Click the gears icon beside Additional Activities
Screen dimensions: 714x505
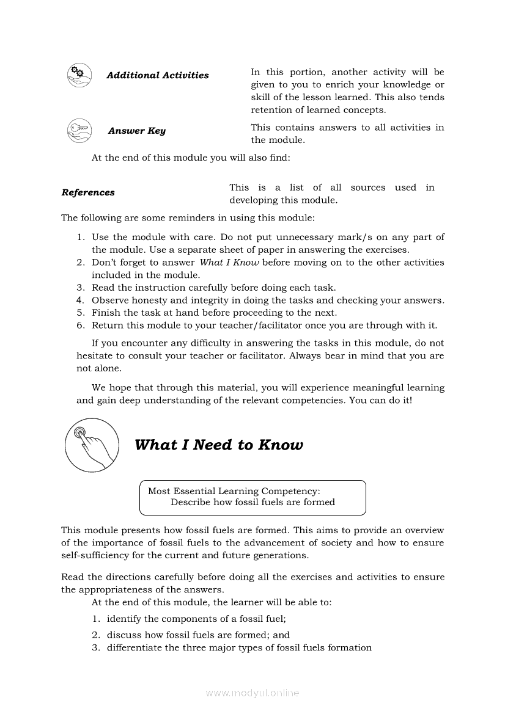(79, 75)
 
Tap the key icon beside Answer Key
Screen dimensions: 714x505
(79, 130)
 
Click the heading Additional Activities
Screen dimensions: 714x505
(157, 75)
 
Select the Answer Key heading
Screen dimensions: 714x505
(136, 131)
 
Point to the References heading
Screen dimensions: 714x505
(88, 192)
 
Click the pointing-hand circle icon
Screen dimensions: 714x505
(91, 445)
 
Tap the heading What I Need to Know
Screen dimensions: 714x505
(218, 445)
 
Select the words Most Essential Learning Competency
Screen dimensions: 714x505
(234, 491)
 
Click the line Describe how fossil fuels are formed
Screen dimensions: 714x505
(253, 502)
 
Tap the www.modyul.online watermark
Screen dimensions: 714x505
(253, 693)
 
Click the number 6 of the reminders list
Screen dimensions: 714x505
(79, 325)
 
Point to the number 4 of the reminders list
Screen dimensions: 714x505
(79, 300)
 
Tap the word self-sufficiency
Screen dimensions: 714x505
(90, 555)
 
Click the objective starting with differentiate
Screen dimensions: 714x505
(239, 647)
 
